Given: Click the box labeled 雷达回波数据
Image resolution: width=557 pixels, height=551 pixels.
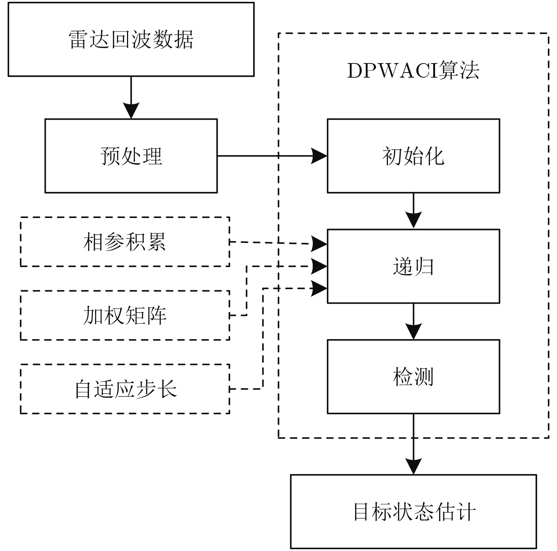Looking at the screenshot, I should click(x=131, y=39).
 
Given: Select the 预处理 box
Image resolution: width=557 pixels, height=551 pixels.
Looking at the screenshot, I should click(x=131, y=156).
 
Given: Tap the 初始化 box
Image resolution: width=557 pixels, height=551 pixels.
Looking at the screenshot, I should click(x=413, y=156).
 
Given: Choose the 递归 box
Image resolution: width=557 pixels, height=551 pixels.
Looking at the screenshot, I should click(x=413, y=266).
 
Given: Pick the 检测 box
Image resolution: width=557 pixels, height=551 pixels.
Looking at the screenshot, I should click(x=413, y=377).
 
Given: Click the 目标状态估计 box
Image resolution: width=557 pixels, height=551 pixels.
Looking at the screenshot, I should click(x=413, y=511).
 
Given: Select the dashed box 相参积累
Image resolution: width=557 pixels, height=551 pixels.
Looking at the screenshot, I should click(x=125, y=242).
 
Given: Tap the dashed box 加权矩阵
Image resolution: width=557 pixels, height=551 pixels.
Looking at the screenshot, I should click(x=125, y=315).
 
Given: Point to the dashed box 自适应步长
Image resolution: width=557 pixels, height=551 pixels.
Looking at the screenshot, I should click(x=125, y=389).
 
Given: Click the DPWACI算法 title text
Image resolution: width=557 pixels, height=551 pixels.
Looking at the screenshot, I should click(x=413, y=70).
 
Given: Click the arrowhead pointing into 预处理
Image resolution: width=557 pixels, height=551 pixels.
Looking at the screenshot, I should click(x=131, y=110).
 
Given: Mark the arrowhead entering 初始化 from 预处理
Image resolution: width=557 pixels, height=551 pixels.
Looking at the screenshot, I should click(x=319, y=156).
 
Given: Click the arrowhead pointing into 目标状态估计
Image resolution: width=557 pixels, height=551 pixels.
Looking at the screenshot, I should click(x=413, y=466).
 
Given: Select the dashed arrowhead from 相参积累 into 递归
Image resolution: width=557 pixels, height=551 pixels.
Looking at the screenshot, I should click(x=319, y=244).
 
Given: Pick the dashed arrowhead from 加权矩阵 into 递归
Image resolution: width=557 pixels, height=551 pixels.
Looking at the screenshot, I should click(x=319, y=266).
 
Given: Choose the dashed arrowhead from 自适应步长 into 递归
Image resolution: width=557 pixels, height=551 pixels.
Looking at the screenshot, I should click(x=319, y=288).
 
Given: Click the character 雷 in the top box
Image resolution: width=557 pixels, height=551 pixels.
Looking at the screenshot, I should click(x=78, y=39).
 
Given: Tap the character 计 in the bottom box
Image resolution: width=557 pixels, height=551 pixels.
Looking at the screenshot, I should click(x=466, y=511).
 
